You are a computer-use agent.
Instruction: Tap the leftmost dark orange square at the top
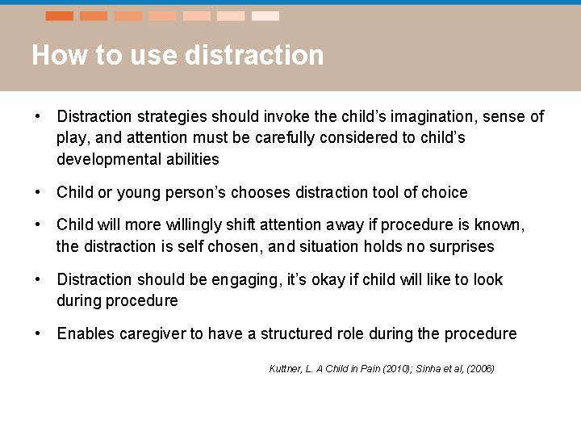[60, 15]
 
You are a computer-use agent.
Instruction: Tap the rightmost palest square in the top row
[265, 15]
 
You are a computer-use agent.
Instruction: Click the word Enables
[84, 333]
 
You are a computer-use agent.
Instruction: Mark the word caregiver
[152, 333]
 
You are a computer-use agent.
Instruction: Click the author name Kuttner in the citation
[285, 369]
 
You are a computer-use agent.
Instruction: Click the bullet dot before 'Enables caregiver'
[37, 333]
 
